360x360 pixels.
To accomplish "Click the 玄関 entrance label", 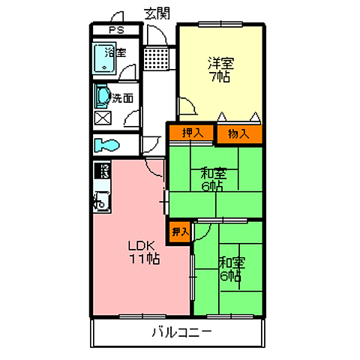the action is (x=157, y=13).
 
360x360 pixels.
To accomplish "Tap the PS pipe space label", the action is (x=116, y=30).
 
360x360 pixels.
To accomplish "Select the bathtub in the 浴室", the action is (x=104, y=58).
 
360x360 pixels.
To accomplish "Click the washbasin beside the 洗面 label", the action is (x=103, y=96).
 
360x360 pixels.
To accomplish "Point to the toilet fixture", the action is (x=107, y=145).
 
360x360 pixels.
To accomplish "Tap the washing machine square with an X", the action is (x=103, y=118).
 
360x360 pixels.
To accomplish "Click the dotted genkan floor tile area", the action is (x=157, y=59).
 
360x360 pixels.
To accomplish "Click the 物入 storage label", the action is (x=238, y=134).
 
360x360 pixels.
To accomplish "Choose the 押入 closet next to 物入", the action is (x=192, y=133).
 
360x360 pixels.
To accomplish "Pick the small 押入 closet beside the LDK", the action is (x=179, y=232).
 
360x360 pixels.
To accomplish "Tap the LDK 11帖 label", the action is (x=144, y=253).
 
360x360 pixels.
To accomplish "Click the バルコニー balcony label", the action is (x=182, y=332).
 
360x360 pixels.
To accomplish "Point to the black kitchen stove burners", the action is (x=102, y=170).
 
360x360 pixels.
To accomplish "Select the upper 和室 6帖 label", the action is (x=213, y=180).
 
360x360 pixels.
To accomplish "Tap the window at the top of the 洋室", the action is (x=220, y=24).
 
